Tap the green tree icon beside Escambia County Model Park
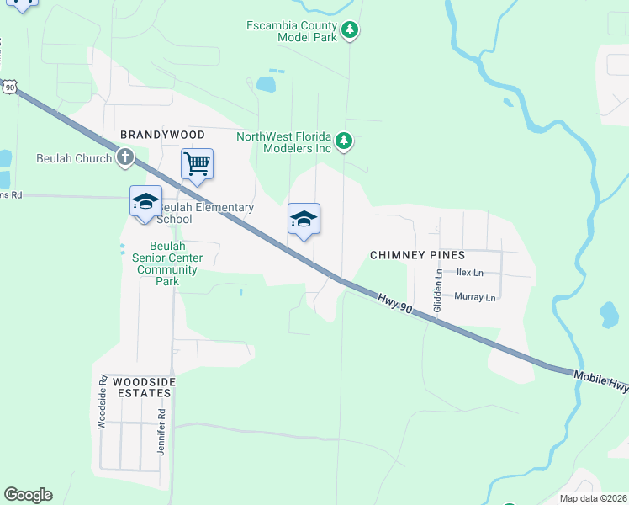[351, 32]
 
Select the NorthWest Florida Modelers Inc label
[284, 142]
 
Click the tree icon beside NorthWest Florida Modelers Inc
[343, 142]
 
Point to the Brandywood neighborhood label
[162, 135]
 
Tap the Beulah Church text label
[74, 158]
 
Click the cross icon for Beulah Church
[124, 157]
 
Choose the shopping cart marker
[197, 164]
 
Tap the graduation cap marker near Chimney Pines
[304, 220]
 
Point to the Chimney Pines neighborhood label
[418, 254]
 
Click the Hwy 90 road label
[394, 305]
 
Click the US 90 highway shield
[9, 86]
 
